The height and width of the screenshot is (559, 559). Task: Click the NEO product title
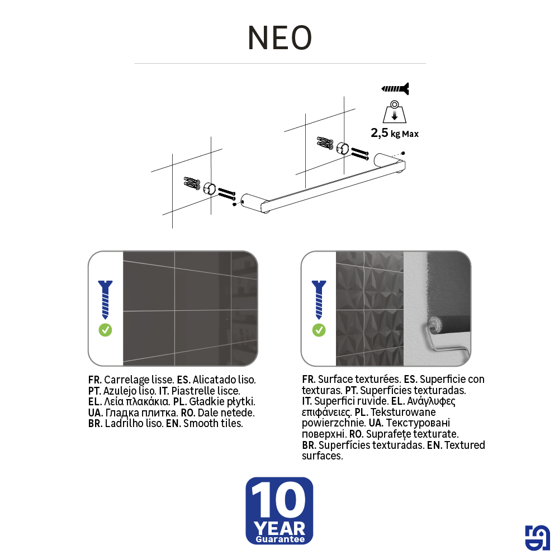point(280,38)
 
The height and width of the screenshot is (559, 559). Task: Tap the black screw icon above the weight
point(395,89)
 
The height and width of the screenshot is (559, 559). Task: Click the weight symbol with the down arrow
point(394,112)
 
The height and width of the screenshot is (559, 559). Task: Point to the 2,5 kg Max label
point(395,133)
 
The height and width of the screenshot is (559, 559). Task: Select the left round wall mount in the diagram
point(210,188)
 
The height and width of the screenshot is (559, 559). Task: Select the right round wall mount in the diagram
point(343,148)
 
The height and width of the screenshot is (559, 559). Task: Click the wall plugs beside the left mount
point(192,183)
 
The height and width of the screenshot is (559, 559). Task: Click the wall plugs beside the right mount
point(325,143)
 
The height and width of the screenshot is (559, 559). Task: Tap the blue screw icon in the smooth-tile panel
point(105,300)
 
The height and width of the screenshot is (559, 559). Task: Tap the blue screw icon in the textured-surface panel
point(319,300)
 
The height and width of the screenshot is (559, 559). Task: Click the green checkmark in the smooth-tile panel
point(105,330)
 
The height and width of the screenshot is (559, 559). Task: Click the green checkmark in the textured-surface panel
point(319,330)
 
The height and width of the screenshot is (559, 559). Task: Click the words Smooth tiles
point(213,424)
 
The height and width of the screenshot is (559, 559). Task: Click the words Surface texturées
point(359,379)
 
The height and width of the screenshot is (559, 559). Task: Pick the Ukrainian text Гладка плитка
point(141,413)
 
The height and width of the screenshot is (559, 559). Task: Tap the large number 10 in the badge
point(278,500)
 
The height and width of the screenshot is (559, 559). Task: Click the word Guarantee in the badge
point(280,539)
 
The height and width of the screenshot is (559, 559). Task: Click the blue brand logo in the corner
point(537,538)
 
